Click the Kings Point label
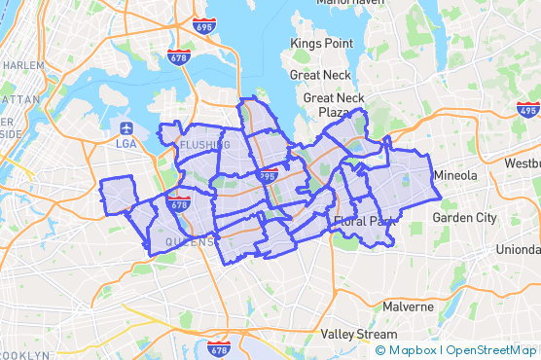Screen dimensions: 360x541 pos(322,44)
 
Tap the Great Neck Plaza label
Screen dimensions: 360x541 pos(334,105)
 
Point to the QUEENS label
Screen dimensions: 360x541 pos(189,241)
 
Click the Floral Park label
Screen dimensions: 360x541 pos(362,222)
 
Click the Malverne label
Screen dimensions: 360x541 pos(408,306)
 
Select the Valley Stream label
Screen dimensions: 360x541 pos(359,334)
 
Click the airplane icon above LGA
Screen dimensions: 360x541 pos(126,127)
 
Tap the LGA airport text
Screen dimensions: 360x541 pos(126,144)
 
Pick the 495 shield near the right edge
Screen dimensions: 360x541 pos(527,111)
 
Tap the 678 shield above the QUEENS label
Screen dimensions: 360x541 pos(178,205)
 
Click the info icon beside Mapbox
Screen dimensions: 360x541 pos(379,350)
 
